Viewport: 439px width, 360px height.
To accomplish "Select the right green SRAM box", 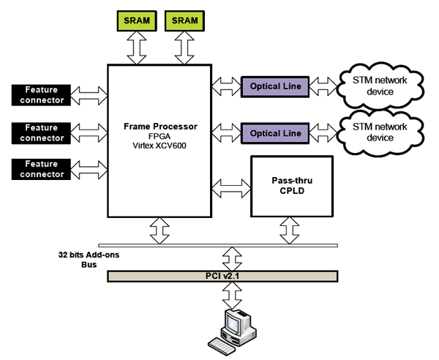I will coord(184,21).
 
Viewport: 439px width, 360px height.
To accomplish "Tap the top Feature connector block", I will coord(42,94).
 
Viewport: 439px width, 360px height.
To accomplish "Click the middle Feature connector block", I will coord(42,132).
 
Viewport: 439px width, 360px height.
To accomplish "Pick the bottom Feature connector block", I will coord(42,169).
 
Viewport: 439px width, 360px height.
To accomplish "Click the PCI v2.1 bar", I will coord(222,276).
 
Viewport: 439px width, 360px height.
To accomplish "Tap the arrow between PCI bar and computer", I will coord(232,296).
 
